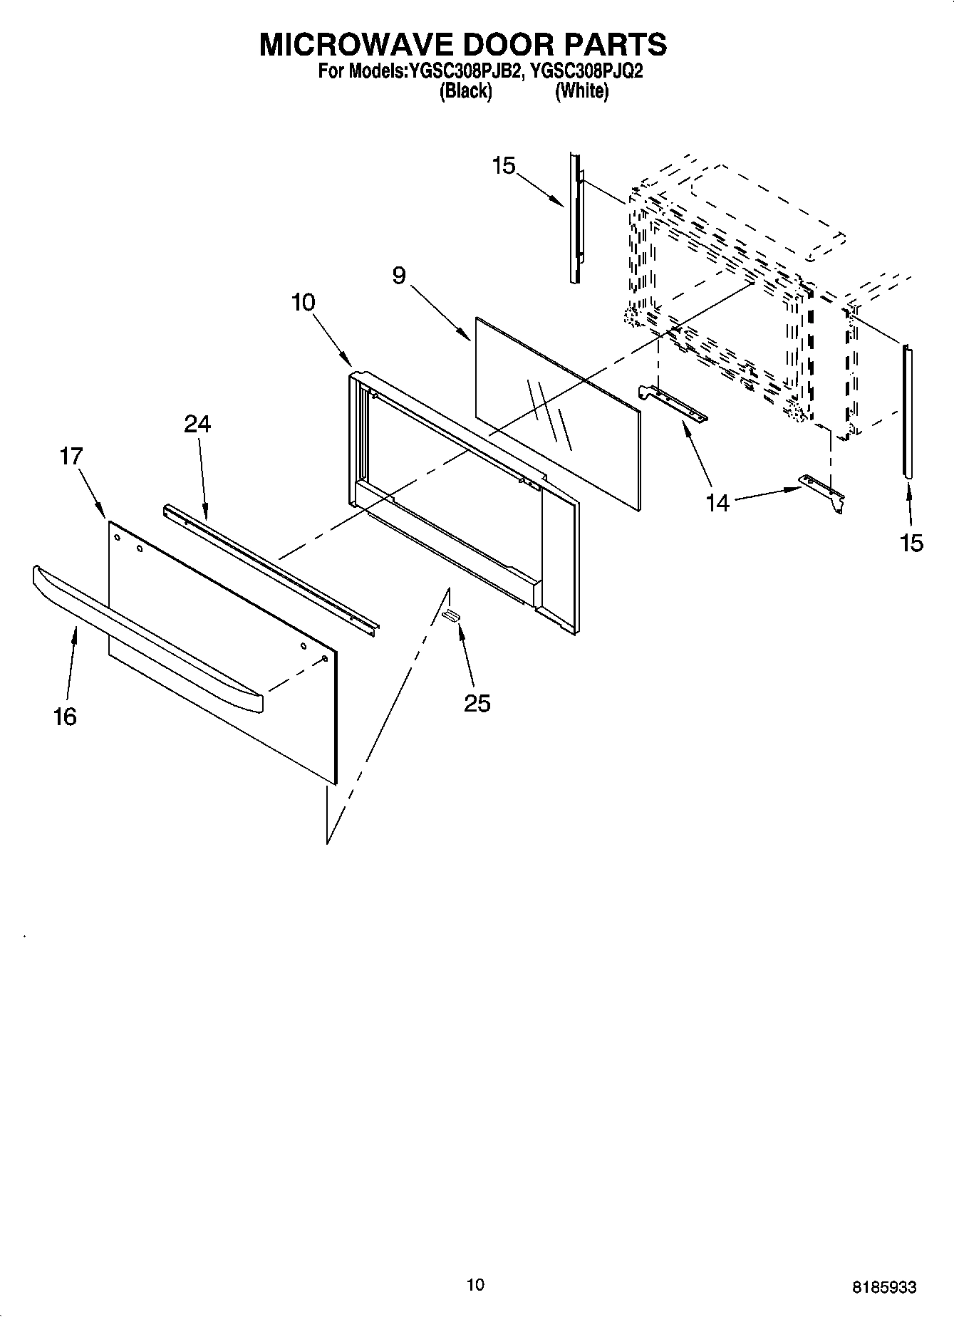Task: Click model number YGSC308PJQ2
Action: coord(582,71)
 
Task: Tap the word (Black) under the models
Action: coord(466,91)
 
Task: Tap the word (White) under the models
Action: coord(582,91)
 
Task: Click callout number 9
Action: coord(399,276)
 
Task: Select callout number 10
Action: coord(303,302)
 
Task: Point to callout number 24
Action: coord(197,424)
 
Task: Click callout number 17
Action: coord(71,456)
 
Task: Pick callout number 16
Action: coord(65,716)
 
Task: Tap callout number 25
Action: coord(477,703)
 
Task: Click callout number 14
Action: coord(718,502)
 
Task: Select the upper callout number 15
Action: coord(503,166)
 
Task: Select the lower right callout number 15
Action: coord(911,543)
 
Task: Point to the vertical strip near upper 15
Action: coord(574,217)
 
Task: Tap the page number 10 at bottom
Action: coord(475,1284)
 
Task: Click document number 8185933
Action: coord(883,1287)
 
